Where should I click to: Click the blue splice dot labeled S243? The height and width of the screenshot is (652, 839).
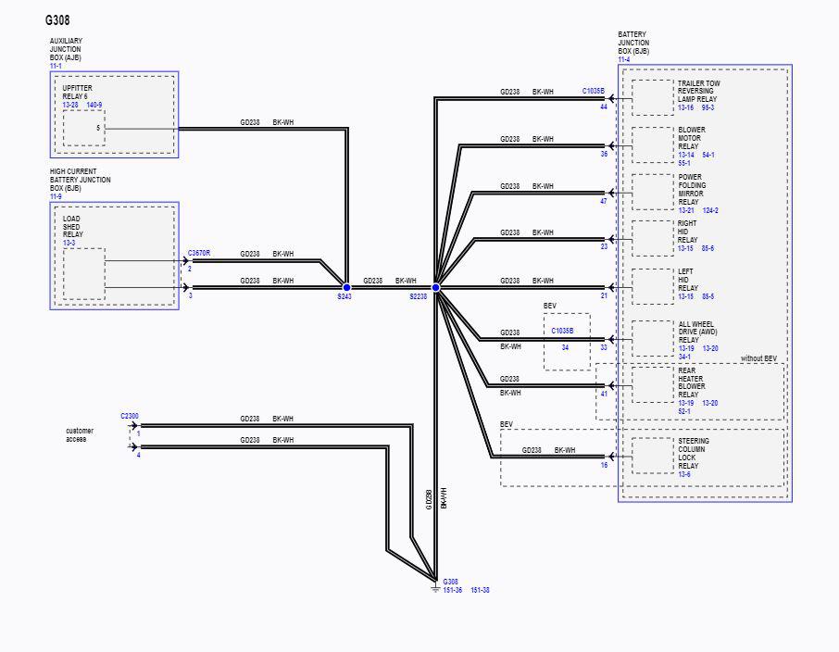(x=346, y=287)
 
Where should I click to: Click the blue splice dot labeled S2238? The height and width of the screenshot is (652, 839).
(x=435, y=287)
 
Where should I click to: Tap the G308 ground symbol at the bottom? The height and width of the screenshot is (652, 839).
(x=435, y=587)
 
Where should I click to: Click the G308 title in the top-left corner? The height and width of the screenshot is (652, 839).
(x=57, y=20)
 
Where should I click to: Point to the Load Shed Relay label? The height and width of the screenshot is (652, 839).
(x=73, y=226)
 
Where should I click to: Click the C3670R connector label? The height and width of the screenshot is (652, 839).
(x=199, y=253)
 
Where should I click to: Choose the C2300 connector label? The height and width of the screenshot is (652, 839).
(x=130, y=416)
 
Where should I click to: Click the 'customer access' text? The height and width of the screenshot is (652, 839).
(x=80, y=434)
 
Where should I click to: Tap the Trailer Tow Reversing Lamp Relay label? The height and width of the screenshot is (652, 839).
(x=699, y=91)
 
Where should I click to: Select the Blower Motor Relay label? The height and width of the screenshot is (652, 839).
(x=692, y=138)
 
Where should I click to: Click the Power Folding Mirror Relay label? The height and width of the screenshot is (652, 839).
(x=692, y=190)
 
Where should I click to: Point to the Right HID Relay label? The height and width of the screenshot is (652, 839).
(x=687, y=232)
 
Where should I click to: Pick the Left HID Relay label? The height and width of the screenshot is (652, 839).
(x=687, y=280)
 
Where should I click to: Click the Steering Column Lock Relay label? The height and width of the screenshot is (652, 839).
(x=694, y=454)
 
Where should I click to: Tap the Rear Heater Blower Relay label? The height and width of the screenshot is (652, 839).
(x=692, y=382)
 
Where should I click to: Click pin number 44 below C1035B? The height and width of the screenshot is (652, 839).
(x=604, y=107)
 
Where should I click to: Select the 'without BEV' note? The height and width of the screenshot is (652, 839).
(x=758, y=358)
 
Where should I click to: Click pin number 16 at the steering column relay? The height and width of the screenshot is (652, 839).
(x=604, y=465)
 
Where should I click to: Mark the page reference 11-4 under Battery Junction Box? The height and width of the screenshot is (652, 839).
(x=624, y=59)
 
